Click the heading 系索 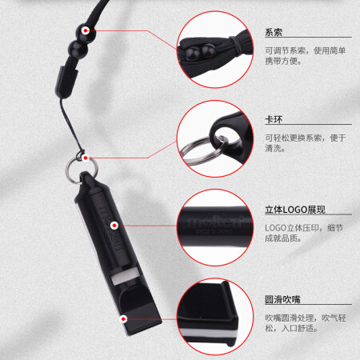click(274, 32)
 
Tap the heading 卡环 click(274, 119)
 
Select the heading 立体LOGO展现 click(295, 210)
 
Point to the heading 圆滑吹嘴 click(282, 299)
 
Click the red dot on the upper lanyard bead click(86, 30)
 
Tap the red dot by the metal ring click(86, 158)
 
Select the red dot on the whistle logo click(114, 226)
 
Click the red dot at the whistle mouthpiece click(123, 318)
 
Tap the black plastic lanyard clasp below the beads click(66, 82)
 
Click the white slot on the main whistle click(125, 277)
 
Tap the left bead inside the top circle click(193, 53)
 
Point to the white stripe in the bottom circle click(210, 334)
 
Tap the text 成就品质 click(281, 238)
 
